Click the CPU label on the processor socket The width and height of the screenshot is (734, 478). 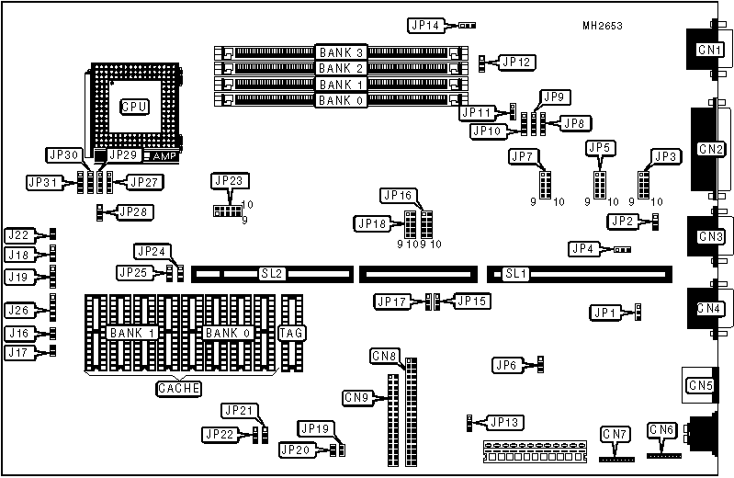(x=134, y=107)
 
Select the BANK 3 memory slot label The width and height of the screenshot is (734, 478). (x=340, y=51)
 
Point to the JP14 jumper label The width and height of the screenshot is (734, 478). (x=424, y=25)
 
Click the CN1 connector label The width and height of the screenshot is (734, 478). (x=709, y=49)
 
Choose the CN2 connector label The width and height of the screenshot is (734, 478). (x=710, y=148)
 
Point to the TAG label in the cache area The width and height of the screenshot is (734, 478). (x=292, y=332)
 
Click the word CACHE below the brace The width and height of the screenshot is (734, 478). (x=179, y=389)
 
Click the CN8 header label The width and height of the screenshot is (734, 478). (x=385, y=355)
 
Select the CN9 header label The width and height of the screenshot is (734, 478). (x=357, y=397)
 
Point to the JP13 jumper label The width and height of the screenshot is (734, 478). (x=505, y=422)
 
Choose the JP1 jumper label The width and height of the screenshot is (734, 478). (x=604, y=313)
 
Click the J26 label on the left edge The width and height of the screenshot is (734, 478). (x=20, y=308)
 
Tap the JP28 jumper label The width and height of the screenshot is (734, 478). (x=131, y=212)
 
